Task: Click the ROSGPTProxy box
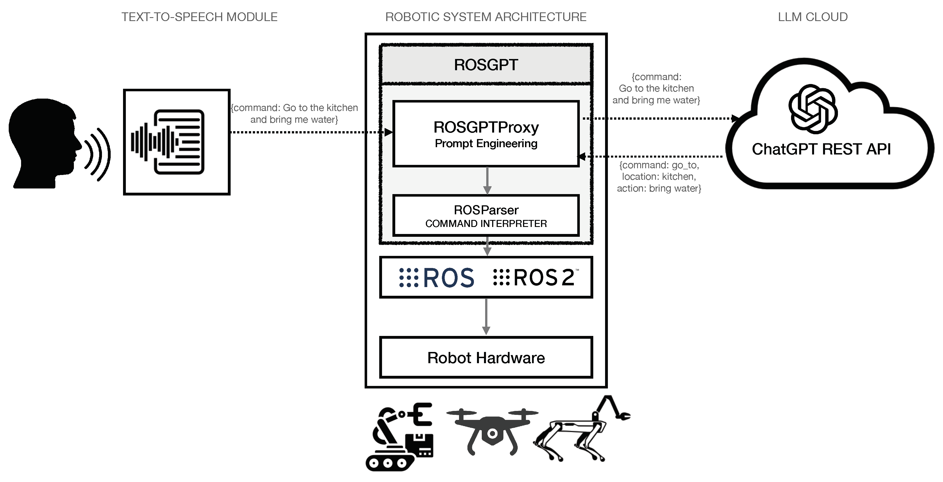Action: (x=486, y=134)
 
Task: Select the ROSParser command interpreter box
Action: (x=486, y=215)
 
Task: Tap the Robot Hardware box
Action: (x=486, y=358)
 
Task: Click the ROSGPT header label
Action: (x=486, y=65)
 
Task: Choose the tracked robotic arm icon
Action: (x=399, y=437)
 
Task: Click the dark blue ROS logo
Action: (x=437, y=278)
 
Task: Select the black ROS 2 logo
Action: (x=535, y=278)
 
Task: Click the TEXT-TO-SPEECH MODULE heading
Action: (x=199, y=17)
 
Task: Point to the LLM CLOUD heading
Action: (x=813, y=17)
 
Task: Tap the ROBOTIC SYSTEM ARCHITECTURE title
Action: (x=486, y=17)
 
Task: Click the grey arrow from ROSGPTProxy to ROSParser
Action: (x=487, y=180)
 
